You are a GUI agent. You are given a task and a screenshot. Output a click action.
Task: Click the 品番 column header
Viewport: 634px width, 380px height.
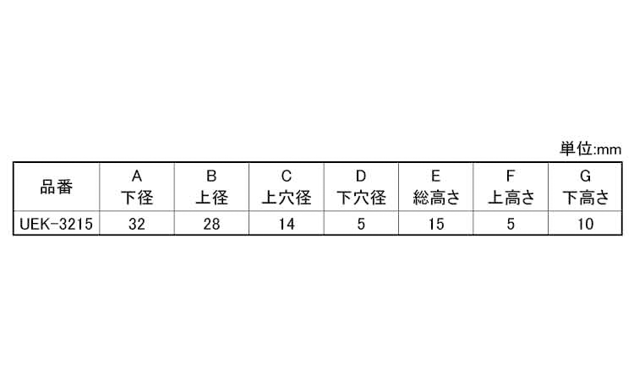coord(57,187)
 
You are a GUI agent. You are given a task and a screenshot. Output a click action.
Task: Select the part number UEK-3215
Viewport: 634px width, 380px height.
coord(57,225)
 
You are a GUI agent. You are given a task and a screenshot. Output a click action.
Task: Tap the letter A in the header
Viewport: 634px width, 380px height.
coord(137,176)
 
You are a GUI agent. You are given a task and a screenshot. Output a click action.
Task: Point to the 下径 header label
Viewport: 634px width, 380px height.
coord(137,198)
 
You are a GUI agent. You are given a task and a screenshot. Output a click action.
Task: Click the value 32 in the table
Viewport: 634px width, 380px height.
coord(137,225)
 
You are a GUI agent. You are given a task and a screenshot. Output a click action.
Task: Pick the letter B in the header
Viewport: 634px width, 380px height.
coord(211,176)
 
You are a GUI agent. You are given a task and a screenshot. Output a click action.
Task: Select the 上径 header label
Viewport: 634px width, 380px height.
coord(211,198)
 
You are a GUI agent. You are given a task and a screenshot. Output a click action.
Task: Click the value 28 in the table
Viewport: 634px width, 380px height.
coord(211,225)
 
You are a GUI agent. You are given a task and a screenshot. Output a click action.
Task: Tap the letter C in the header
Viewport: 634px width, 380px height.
coord(287,176)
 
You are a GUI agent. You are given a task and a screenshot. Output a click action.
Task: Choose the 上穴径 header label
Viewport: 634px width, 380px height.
coord(287,198)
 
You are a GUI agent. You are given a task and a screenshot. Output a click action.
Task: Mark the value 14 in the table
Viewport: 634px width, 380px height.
coord(287,225)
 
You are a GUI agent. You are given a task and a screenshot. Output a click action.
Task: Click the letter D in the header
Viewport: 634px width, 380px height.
coord(361,176)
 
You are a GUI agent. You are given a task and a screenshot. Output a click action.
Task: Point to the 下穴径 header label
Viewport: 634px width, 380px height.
coord(361,198)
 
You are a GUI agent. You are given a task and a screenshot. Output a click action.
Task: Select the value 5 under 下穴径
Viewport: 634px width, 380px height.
coord(361,225)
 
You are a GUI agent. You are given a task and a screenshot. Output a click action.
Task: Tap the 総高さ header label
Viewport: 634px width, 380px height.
coord(435,198)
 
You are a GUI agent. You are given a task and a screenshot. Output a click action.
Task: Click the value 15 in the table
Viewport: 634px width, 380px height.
coord(435,225)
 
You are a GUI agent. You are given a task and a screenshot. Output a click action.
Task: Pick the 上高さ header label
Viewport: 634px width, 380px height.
coord(511,198)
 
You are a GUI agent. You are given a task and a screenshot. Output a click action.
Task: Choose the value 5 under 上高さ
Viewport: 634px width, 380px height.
coord(511,225)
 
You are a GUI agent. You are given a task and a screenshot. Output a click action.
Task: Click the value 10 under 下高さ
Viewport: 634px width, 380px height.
coord(585,225)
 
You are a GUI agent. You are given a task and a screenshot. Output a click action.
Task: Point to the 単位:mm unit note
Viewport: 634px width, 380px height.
coord(590,149)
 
